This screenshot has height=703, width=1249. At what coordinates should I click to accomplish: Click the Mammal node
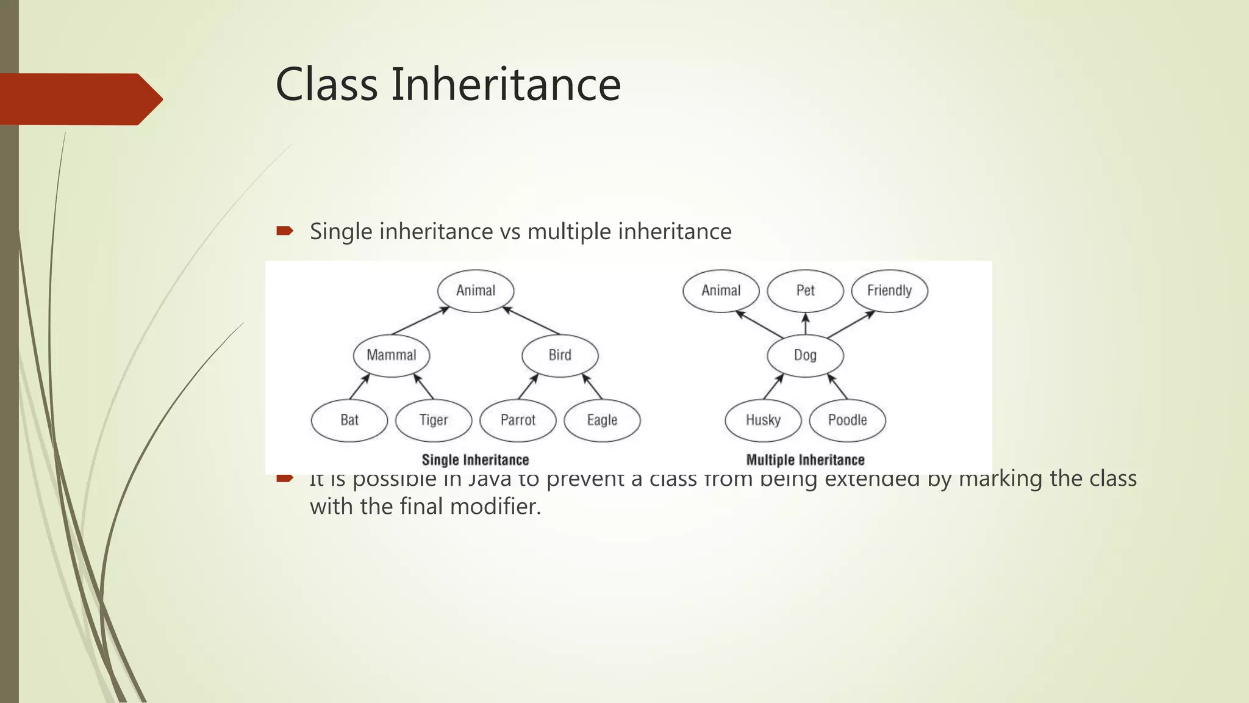392,355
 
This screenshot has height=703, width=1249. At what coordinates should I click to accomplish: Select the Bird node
560,355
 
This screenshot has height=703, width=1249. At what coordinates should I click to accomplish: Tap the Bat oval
349,420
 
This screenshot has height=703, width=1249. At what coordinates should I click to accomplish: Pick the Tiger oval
434,420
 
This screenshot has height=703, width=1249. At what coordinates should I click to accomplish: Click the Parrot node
518,420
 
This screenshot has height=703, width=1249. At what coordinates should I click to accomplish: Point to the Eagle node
602,420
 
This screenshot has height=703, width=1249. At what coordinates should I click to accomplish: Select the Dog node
805,355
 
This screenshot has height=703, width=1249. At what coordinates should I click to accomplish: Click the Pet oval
805,290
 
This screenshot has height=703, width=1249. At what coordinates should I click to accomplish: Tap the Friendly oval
889,290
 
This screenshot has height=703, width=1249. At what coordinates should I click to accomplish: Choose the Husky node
763,420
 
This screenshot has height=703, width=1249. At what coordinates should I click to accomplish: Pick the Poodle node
847,420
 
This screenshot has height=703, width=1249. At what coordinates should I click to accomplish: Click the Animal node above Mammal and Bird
476,290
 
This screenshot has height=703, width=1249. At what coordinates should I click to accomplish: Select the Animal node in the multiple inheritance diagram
721,290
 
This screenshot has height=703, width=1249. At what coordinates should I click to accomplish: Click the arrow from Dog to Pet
805,324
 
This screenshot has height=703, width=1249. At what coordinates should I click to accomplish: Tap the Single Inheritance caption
475,460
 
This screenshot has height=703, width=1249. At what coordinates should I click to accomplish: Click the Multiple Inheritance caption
805,460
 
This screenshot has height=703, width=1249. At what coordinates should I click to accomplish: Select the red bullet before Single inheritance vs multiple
284,231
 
